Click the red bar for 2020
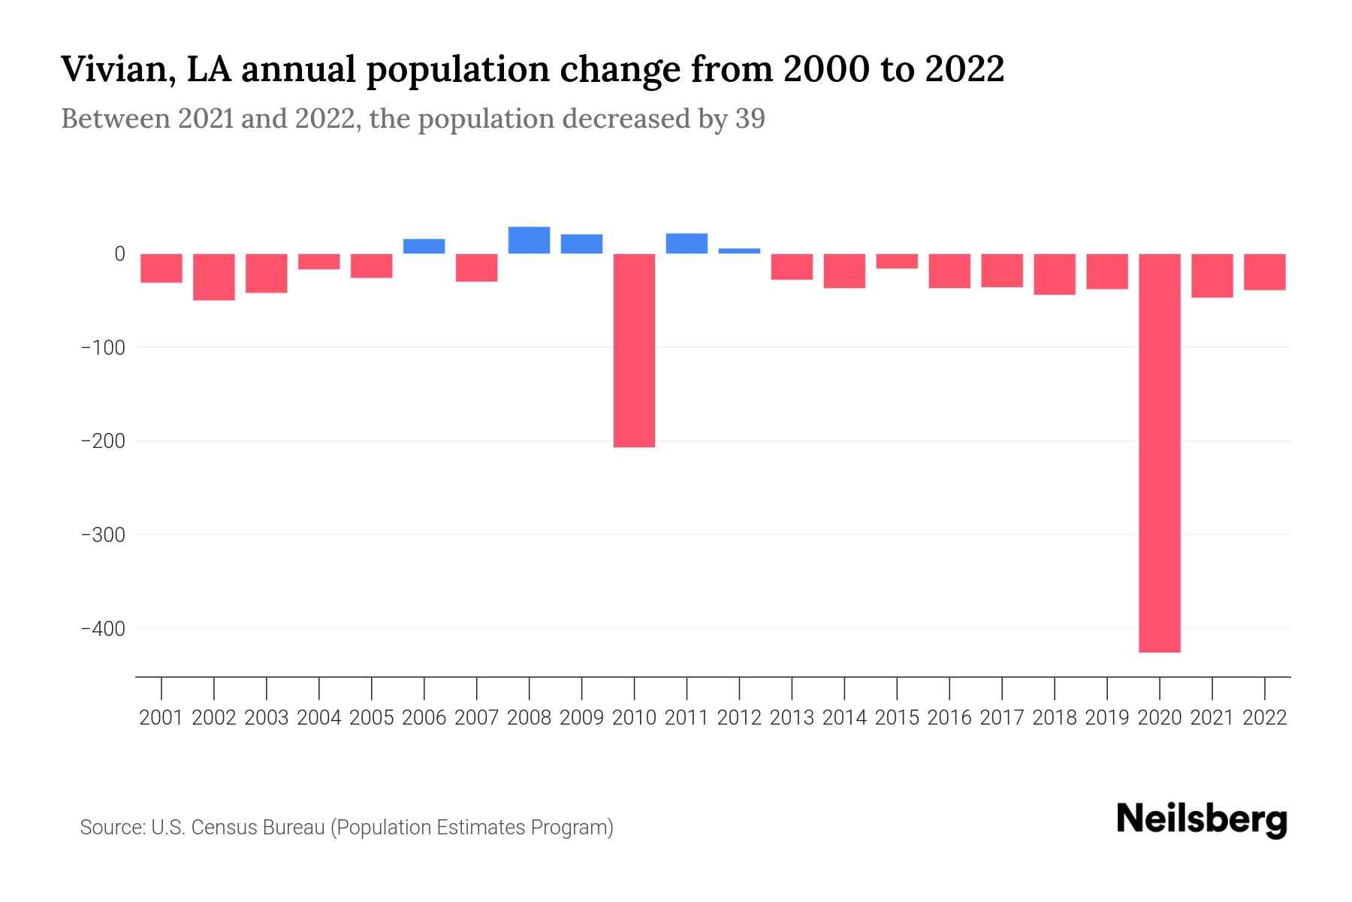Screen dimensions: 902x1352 1159,453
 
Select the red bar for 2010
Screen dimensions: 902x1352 634,350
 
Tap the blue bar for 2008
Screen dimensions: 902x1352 529,240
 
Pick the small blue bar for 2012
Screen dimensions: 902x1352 739,251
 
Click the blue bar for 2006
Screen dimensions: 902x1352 424,246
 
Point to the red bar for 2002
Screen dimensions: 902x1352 214,277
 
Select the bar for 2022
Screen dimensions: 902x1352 1264,271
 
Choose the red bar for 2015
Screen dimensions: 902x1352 897,261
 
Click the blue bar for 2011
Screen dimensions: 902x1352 687,244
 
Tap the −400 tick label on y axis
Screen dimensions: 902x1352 103,628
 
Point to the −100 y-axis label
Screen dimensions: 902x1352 103,347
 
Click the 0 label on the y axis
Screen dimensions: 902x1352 119,254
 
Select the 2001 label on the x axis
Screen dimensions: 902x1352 161,718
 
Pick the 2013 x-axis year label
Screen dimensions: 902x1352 792,718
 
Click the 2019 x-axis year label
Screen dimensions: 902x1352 1106,718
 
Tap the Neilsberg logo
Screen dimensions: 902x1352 1202,819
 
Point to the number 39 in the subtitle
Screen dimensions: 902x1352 750,119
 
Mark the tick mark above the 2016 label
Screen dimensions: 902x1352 949,687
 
